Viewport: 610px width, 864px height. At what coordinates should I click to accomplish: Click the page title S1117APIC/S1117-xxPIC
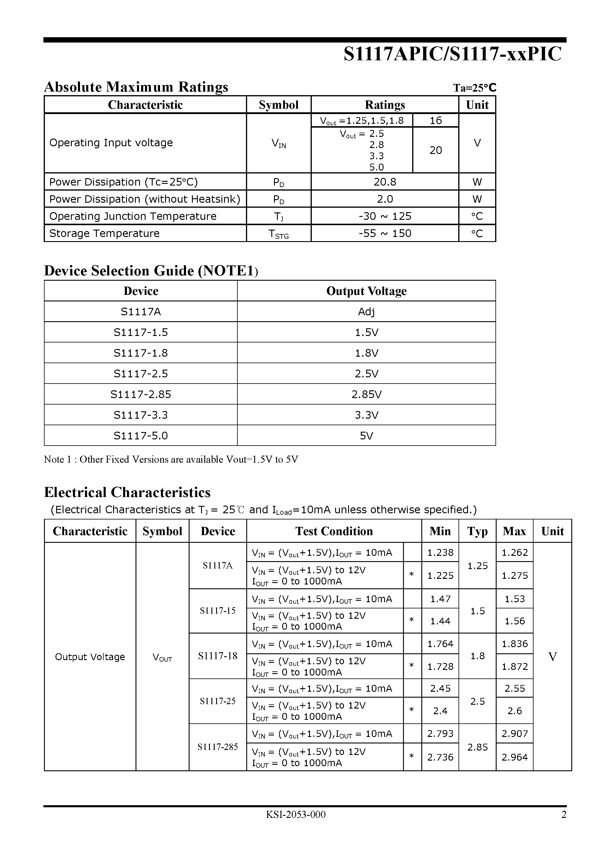click(x=452, y=54)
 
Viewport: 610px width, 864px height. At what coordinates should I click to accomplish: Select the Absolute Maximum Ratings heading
click(x=136, y=87)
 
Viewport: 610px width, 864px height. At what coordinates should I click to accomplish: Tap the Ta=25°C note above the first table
click(x=474, y=88)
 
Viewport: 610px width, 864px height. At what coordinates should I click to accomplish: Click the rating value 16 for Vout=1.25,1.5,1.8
click(x=436, y=121)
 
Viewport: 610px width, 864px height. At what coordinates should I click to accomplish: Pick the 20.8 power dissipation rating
click(x=385, y=182)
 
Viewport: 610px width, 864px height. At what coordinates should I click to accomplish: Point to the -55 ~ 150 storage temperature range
click(x=385, y=233)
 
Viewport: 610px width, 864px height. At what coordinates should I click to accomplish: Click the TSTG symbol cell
click(x=279, y=234)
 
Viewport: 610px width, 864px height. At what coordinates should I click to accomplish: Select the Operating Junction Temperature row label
click(x=133, y=216)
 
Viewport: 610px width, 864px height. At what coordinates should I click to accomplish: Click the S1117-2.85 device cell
click(x=141, y=394)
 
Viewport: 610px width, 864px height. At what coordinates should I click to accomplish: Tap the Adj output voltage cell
click(x=366, y=311)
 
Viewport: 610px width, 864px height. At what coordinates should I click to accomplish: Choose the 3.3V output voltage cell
click(x=366, y=415)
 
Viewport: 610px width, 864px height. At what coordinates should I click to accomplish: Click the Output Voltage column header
click(x=366, y=291)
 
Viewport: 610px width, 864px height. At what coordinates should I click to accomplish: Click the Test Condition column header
click(x=334, y=531)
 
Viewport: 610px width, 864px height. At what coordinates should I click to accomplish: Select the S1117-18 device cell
click(x=218, y=656)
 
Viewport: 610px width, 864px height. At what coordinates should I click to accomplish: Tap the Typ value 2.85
click(x=477, y=747)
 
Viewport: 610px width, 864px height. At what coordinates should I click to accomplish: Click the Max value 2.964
click(x=514, y=757)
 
